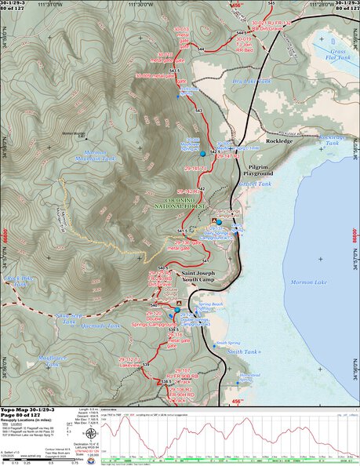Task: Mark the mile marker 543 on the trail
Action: click(x=198, y=111)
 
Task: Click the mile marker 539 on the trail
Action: click(x=145, y=365)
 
